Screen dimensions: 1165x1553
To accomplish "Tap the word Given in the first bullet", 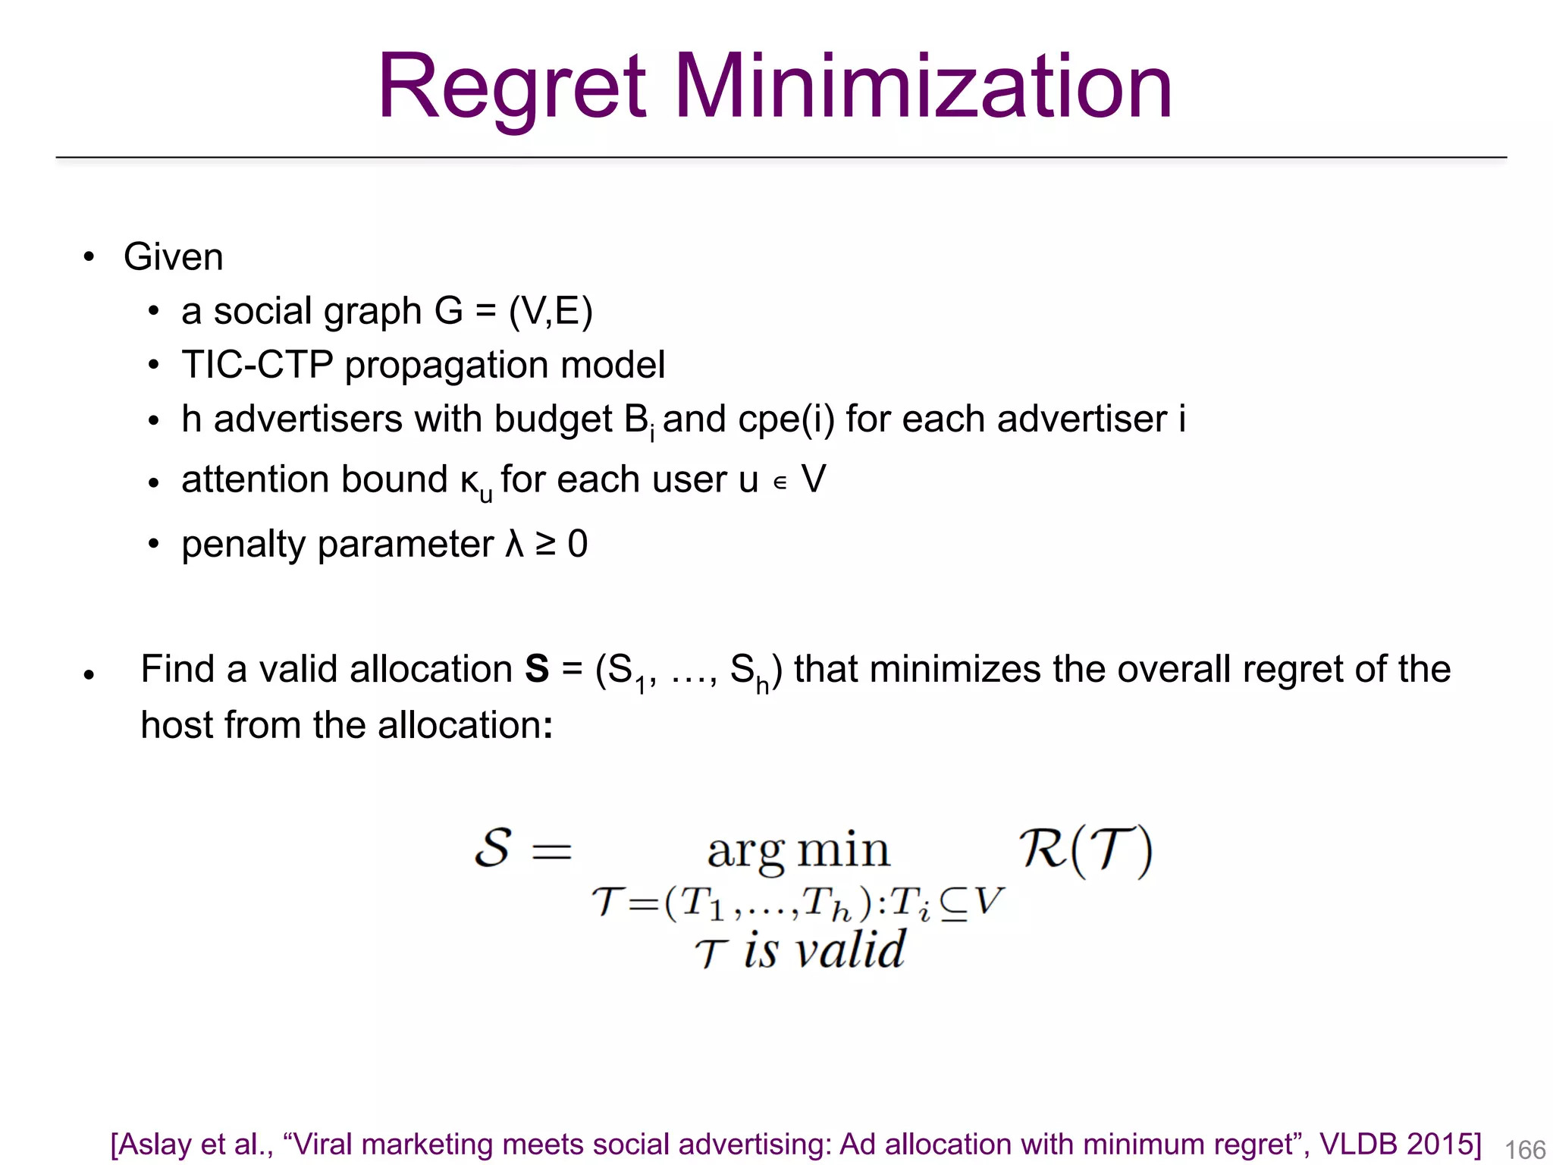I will point(173,256).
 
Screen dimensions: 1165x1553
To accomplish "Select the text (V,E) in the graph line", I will point(551,311).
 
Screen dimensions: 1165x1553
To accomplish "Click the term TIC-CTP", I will point(257,365).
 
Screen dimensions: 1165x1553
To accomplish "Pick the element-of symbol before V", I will point(780,482).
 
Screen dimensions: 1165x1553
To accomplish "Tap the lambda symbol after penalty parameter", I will point(515,544).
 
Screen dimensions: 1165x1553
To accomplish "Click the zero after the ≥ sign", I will point(578,544).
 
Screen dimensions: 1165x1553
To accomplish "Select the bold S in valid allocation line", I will point(537,669).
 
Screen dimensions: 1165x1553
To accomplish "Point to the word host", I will point(177,724).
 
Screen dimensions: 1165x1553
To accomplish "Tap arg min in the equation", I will point(798,851).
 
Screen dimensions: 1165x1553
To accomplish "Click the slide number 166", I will point(1524,1149).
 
